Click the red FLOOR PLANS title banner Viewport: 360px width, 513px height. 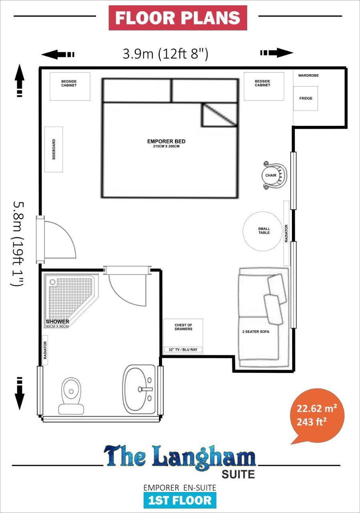(x=178, y=18)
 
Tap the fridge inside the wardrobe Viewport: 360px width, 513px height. (x=306, y=98)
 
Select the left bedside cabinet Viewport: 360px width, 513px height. (x=70, y=86)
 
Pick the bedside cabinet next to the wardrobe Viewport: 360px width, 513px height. (x=263, y=86)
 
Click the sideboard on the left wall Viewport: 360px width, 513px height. (x=54, y=149)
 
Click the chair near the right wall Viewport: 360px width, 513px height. (x=275, y=175)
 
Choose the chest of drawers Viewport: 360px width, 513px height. (x=183, y=333)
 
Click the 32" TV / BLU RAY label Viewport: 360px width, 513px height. (x=183, y=350)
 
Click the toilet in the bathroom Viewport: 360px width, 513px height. (x=71, y=395)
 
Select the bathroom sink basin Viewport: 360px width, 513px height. (x=139, y=389)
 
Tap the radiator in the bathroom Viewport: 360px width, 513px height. (x=45, y=352)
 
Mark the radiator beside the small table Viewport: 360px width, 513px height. (x=286, y=233)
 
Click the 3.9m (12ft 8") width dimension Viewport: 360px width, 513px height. (x=165, y=54)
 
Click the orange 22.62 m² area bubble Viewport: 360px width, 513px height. (x=316, y=415)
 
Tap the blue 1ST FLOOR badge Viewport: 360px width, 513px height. (x=180, y=500)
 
